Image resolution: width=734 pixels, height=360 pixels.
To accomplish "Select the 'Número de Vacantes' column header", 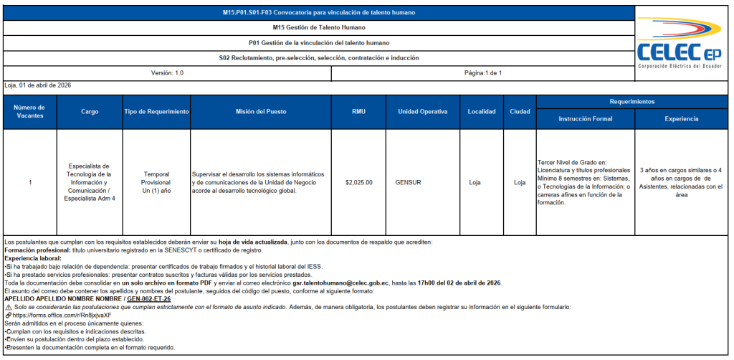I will (x=30, y=112).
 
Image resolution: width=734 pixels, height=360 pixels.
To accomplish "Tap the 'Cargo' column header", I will (x=90, y=112).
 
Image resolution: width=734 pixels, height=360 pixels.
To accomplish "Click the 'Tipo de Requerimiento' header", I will (x=156, y=112).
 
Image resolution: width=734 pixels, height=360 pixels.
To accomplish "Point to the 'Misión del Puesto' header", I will (x=261, y=112).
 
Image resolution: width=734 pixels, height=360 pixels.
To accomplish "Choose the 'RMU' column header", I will (x=358, y=112).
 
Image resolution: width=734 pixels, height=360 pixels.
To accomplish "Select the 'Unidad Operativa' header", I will (x=423, y=112).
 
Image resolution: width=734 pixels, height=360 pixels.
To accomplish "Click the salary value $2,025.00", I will (x=358, y=182).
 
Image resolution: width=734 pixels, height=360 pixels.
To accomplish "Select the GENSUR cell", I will (x=408, y=182).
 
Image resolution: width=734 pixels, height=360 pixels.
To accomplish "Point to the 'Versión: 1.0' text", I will (x=167, y=73).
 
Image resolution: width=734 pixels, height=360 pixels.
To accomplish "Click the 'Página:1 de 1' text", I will (x=483, y=73).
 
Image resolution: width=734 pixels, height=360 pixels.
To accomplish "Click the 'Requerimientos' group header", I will (x=631, y=102).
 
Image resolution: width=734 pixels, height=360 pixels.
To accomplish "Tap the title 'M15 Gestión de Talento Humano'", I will (x=319, y=27).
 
